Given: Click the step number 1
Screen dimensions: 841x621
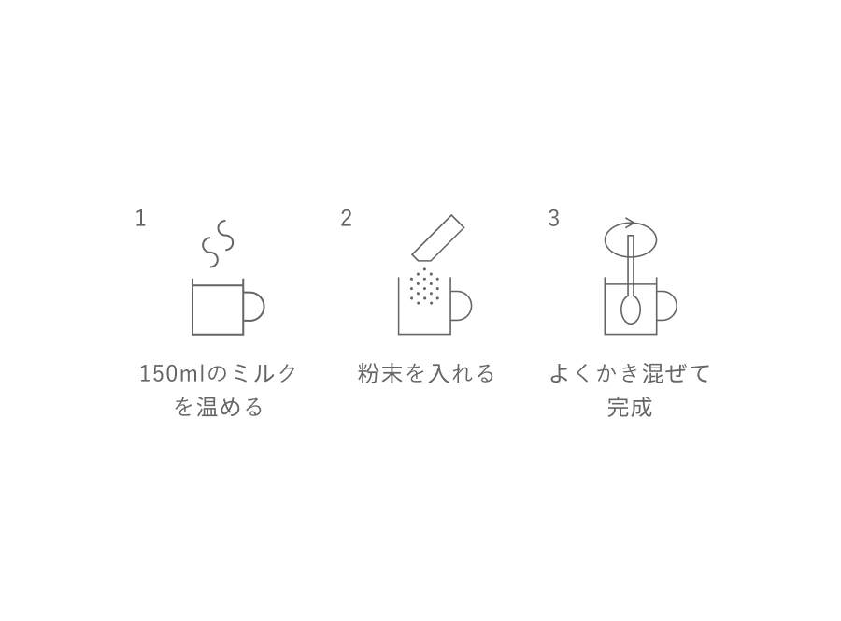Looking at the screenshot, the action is point(140,218).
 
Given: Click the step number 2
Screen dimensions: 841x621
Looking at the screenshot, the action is point(346,218).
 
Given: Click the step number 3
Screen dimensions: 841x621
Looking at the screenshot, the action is point(553,218).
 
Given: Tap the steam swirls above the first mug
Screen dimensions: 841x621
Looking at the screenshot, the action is point(218,243).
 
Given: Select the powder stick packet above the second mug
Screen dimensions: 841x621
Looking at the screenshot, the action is point(437,238).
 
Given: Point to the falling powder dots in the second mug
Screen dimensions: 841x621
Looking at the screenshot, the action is point(424,286).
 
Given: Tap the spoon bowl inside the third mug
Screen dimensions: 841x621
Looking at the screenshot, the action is point(630,310).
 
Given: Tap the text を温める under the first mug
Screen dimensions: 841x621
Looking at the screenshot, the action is point(219,406).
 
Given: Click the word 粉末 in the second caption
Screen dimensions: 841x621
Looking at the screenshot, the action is point(379,373).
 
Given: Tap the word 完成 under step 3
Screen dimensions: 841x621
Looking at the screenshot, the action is point(630,406).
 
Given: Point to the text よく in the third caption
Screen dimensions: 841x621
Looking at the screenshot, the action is point(571,373).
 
